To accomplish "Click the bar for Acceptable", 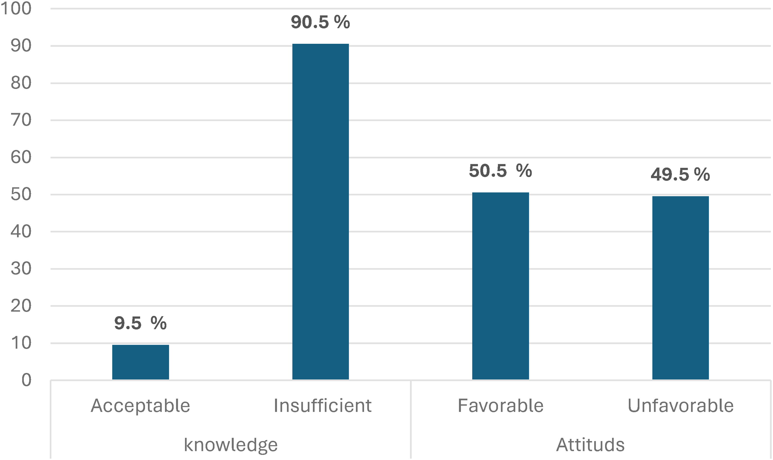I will (140, 362).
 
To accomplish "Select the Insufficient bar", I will (321, 211).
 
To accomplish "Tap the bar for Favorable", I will (500, 286).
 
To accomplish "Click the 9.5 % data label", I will (140, 323).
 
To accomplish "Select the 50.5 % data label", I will (500, 171).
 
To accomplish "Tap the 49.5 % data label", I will (680, 174).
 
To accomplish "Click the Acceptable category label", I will (140, 405).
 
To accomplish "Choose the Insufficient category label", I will (323, 405).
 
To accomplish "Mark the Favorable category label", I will (501, 405).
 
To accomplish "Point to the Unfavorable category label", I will (680, 405).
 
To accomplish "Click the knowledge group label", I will (231, 445).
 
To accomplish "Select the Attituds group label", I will (590, 445).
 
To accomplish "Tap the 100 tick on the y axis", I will (16, 9).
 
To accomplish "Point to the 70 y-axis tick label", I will (21, 120).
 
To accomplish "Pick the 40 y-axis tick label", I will (21, 232).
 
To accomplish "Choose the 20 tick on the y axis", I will (21, 306).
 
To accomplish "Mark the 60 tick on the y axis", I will (21, 157).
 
